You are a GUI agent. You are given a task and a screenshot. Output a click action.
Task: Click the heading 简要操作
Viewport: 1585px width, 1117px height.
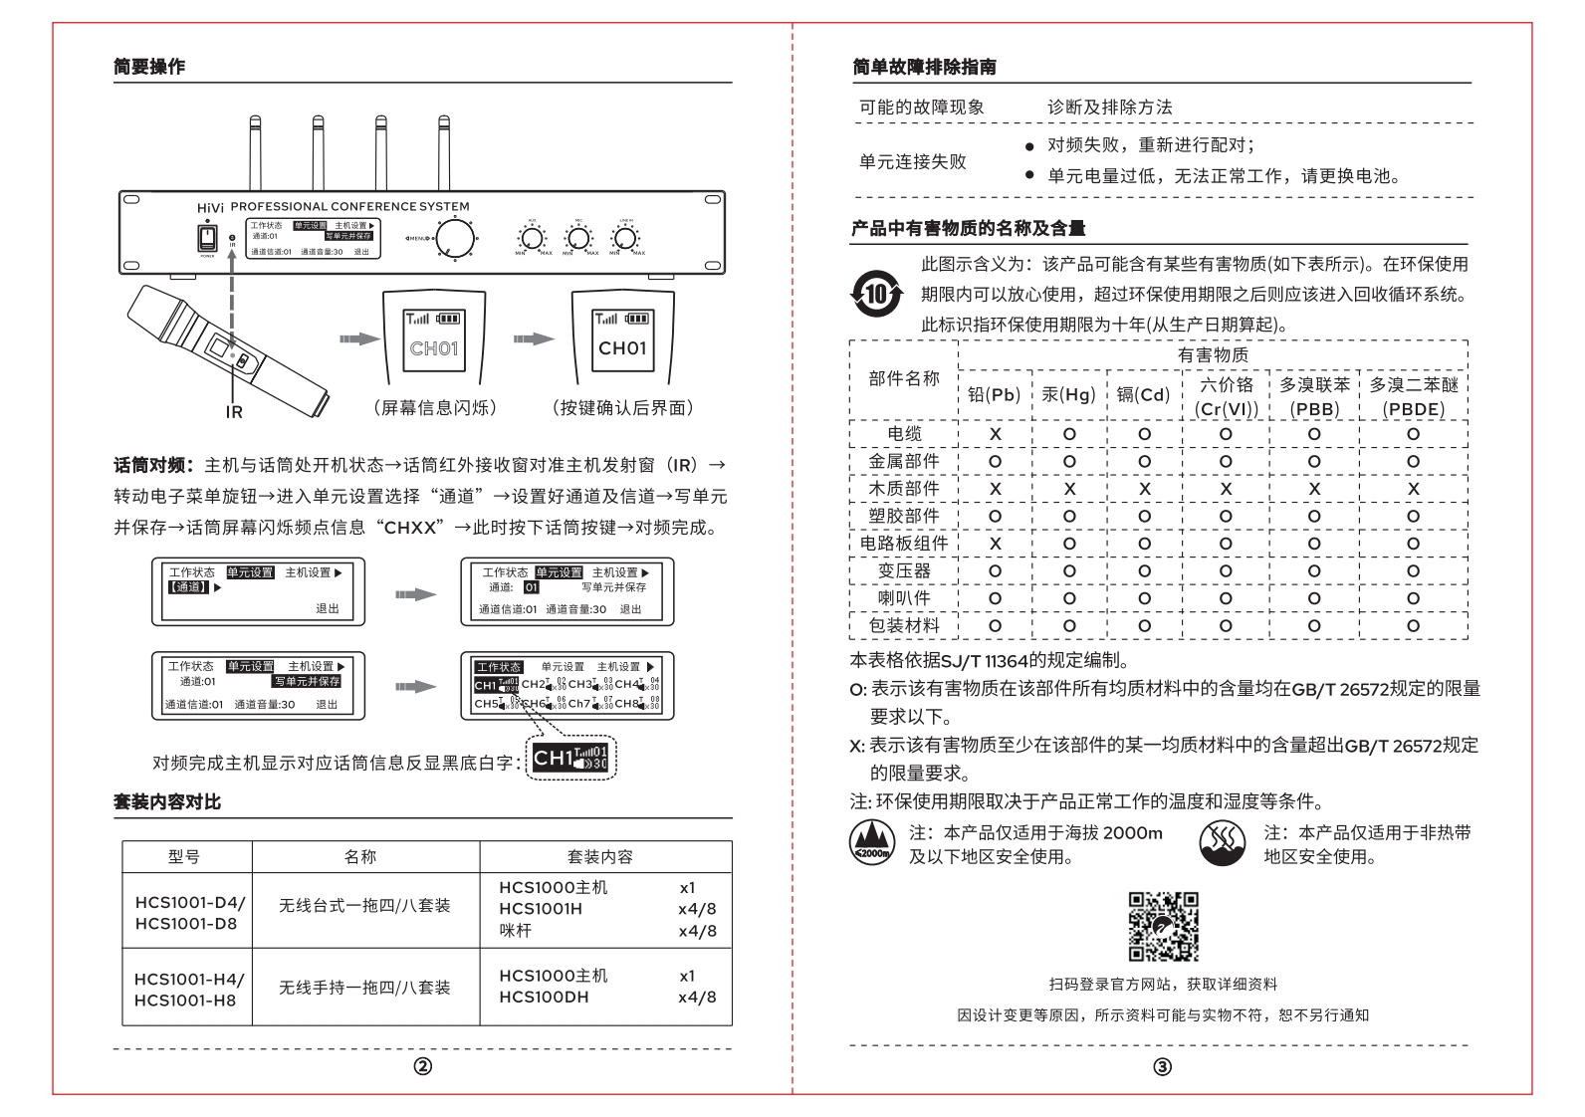click(149, 67)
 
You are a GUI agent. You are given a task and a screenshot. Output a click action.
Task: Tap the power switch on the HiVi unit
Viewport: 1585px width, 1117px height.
click(207, 238)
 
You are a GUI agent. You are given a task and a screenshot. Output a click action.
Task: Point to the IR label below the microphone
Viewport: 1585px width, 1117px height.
click(234, 411)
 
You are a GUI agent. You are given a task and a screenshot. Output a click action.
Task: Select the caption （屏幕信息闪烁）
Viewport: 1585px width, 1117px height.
click(435, 407)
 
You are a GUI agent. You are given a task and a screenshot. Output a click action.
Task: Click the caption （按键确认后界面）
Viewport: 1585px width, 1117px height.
click(622, 407)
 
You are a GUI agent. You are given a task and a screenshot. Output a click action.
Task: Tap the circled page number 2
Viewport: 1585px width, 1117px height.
click(423, 1067)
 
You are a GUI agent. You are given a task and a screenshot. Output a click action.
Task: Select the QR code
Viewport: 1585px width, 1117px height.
click(1163, 926)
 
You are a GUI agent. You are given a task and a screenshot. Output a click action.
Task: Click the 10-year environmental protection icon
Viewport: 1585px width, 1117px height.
click(875, 295)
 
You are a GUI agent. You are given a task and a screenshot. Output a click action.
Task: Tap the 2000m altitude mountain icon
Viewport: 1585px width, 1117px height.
click(871, 843)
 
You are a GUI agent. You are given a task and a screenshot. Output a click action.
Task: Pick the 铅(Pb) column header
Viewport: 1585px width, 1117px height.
click(995, 394)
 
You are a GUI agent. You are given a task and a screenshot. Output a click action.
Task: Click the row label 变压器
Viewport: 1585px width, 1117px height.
click(903, 570)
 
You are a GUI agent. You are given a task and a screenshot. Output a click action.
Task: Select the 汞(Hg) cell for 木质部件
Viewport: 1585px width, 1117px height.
click(1069, 489)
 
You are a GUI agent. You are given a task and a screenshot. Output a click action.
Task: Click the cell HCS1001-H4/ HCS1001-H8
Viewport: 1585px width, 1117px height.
click(186, 989)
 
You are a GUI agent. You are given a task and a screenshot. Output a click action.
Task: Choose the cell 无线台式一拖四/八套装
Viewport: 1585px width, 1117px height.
click(364, 906)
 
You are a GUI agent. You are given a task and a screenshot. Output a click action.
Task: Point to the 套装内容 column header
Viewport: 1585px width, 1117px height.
click(599, 856)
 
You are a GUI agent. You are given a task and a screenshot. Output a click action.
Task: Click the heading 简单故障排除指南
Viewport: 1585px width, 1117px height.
click(924, 67)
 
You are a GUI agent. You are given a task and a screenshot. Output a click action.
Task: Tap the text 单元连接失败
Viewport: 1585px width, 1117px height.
click(912, 161)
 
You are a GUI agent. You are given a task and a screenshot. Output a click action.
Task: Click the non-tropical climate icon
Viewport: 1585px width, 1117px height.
click(1222, 843)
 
